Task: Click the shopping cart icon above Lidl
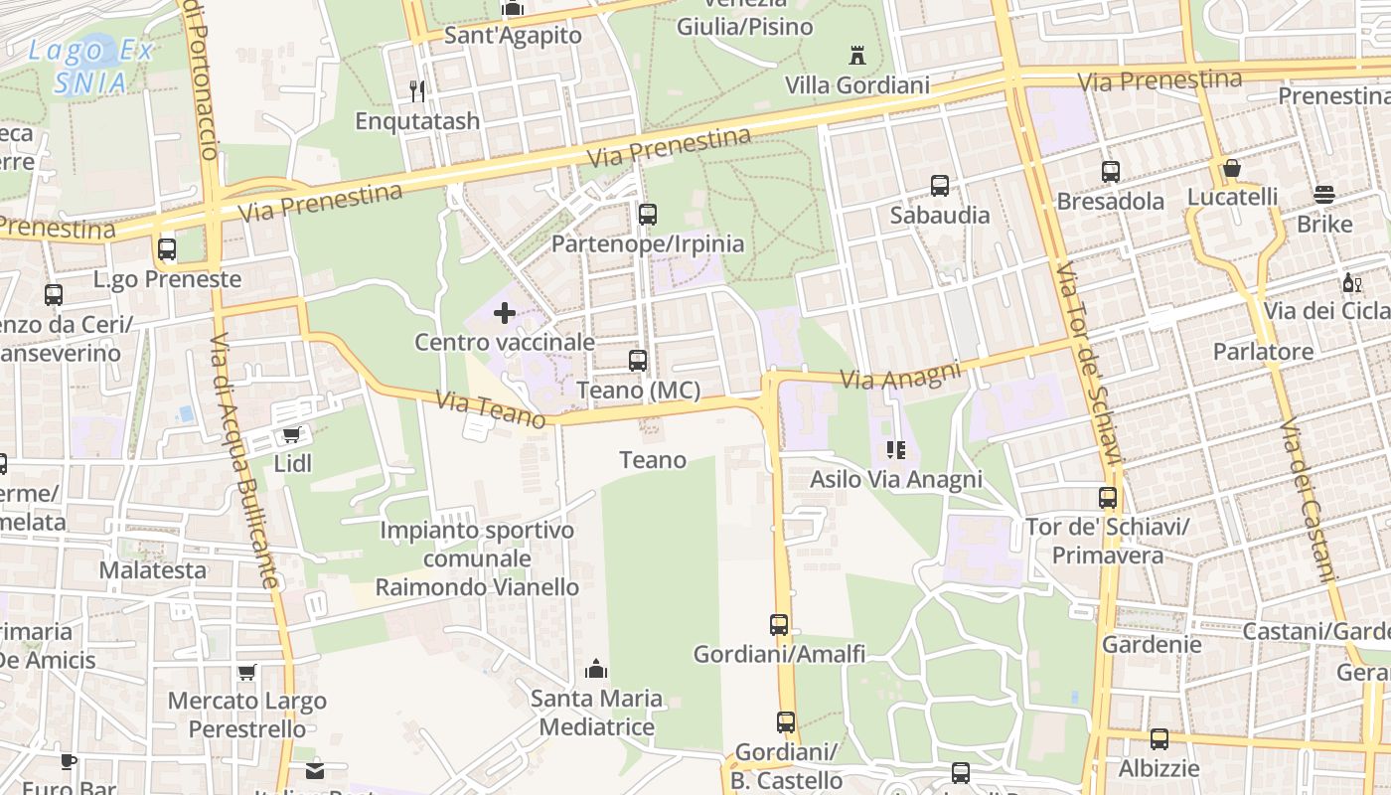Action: click(291, 435)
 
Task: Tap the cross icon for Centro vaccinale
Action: click(505, 314)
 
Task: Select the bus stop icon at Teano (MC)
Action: click(638, 361)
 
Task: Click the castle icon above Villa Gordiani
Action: click(857, 56)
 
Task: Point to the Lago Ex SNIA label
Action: click(89, 67)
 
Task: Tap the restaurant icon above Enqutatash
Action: click(418, 91)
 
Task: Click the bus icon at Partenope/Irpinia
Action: click(648, 214)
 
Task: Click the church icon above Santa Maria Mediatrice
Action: click(596, 669)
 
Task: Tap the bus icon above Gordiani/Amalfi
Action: click(779, 625)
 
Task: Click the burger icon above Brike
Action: click(1324, 195)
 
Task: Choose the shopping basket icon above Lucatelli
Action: click(1232, 168)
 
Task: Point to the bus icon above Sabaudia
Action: click(940, 186)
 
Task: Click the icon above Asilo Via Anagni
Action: click(896, 450)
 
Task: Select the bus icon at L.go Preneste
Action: click(167, 249)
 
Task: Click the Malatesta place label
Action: click(153, 570)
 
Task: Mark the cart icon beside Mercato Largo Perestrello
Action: click(246, 673)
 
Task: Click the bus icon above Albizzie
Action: click(1159, 739)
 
